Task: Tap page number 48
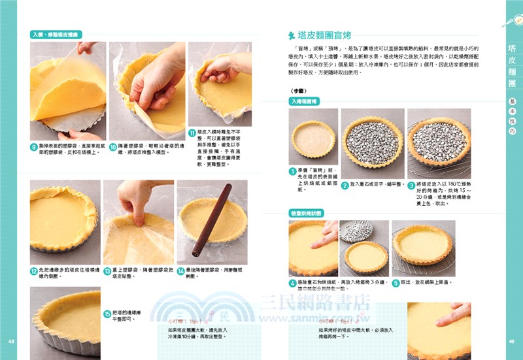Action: click(11, 342)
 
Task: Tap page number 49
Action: click(512, 342)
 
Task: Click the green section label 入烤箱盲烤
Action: click(304, 102)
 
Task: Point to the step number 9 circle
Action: click(33, 147)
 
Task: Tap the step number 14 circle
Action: click(181, 270)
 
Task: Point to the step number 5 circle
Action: click(396, 283)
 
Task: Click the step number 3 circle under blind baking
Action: click(411, 186)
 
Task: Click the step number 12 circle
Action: click(33, 270)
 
